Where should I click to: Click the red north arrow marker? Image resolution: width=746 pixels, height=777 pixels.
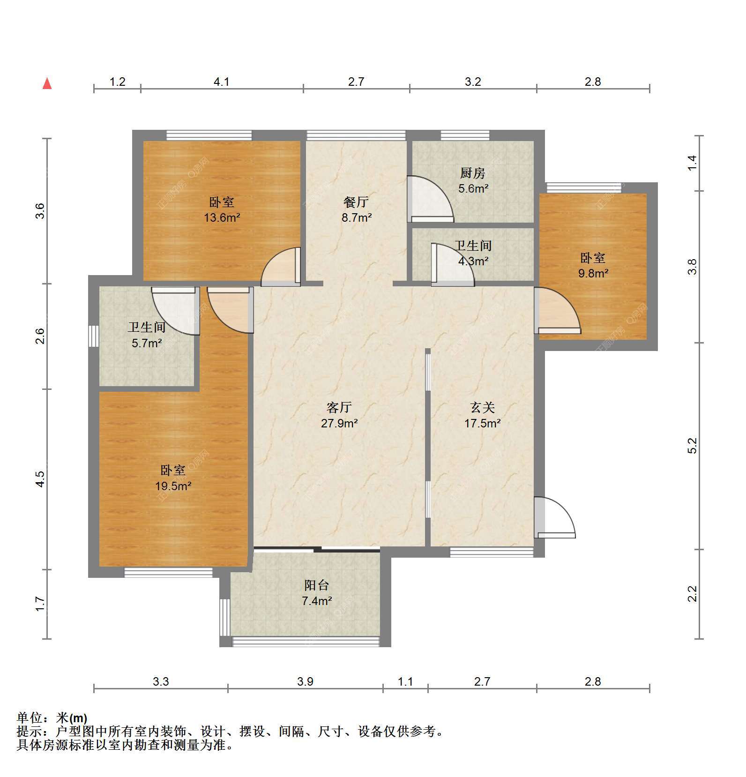pyautogui.click(x=47, y=83)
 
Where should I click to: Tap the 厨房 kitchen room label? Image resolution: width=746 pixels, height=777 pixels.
pyautogui.click(x=472, y=173)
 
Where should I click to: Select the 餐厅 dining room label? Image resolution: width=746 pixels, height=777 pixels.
pyautogui.click(x=356, y=202)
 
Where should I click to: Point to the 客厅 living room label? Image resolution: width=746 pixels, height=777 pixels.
pyautogui.click(x=339, y=407)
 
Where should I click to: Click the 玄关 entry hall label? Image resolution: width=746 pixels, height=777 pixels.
pyautogui.click(x=483, y=407)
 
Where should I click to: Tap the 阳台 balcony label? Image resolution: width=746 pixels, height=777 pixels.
pyautogui.click(x=317, y=585)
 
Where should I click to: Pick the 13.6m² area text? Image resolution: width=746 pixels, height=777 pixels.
pyautogui.click(x=222, y=217)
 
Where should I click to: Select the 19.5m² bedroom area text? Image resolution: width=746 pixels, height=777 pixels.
pyautogui.click(x=173, y=486)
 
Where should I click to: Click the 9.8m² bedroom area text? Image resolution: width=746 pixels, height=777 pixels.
pyautogui.click(x=593, y=273)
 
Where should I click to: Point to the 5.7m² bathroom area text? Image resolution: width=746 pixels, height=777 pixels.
pyautogui.click(x=147, y=343)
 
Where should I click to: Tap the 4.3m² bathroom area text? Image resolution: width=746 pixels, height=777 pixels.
pyautogui.click(x=473, y=261)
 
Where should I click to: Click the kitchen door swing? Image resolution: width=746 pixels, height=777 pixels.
pyautogui.click(x=430, y=199)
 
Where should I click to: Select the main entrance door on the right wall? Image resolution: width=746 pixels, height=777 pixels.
pyautogui.click(x=554, y=517)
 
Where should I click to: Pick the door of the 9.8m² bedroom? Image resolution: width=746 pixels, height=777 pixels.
pyautogui.click(x=558, y=310)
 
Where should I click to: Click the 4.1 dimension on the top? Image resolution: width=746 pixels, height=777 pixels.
pyautogui.click(x=222, y=82)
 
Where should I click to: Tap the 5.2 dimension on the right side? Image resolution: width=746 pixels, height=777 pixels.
pyautogui.click(x=693, y=446)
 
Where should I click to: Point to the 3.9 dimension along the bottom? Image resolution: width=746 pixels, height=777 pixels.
pyautogui.click(x=305, y=681)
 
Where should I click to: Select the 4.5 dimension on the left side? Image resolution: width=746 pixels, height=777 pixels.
pyautogui.click(x=40, y=479)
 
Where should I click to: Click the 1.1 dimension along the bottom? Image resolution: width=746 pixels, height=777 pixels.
pyautogui.click(x=405, y=681)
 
